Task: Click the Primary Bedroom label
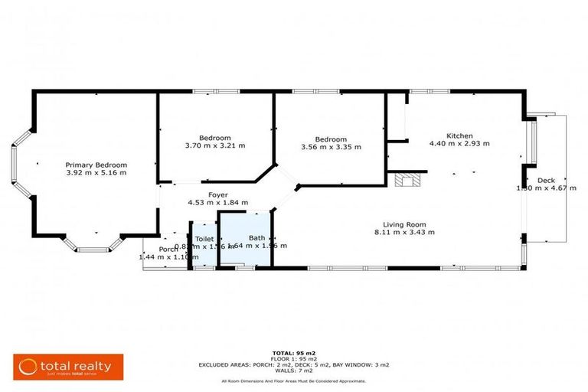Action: click(x=96, y=165)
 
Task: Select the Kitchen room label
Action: click(x=459, y=135)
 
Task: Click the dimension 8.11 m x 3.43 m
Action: click(x=404, y=232)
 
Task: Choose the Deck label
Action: click(x=545, y=180)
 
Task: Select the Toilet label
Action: click(x=204, y=239)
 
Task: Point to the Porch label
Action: click(x=168, y=249)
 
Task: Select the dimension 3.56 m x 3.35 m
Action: click(x=332, y=146)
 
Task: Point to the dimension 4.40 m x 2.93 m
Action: click(x=459, y=143)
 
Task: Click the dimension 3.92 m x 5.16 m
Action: click(x=96, y=173)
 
